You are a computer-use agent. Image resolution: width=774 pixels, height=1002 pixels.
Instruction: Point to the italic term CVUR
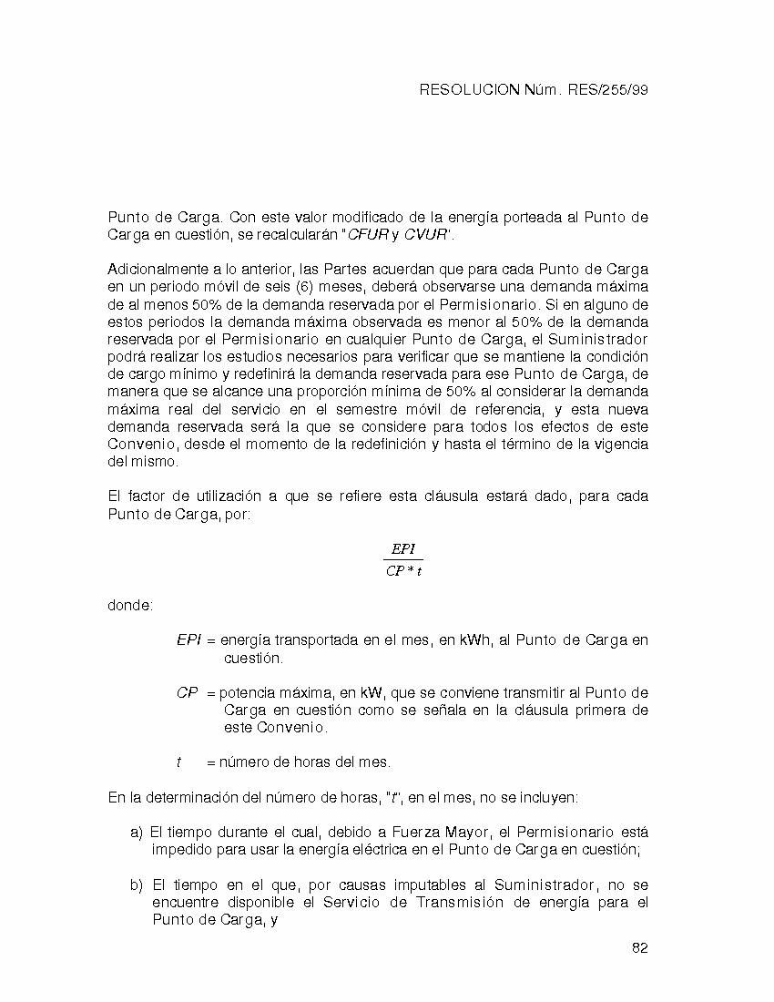point(426,235)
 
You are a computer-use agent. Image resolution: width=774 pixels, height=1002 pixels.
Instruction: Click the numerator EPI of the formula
point(402,548)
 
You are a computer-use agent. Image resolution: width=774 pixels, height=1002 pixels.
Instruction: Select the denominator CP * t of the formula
point(403,572)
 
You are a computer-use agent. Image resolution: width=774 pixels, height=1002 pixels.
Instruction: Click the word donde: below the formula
point(130,605)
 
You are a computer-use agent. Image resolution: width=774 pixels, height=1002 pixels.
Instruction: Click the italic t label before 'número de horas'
point(178,762)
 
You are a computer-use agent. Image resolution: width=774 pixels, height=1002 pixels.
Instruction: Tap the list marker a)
point(137,833)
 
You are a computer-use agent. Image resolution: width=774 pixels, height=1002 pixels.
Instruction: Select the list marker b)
point(137,885)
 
